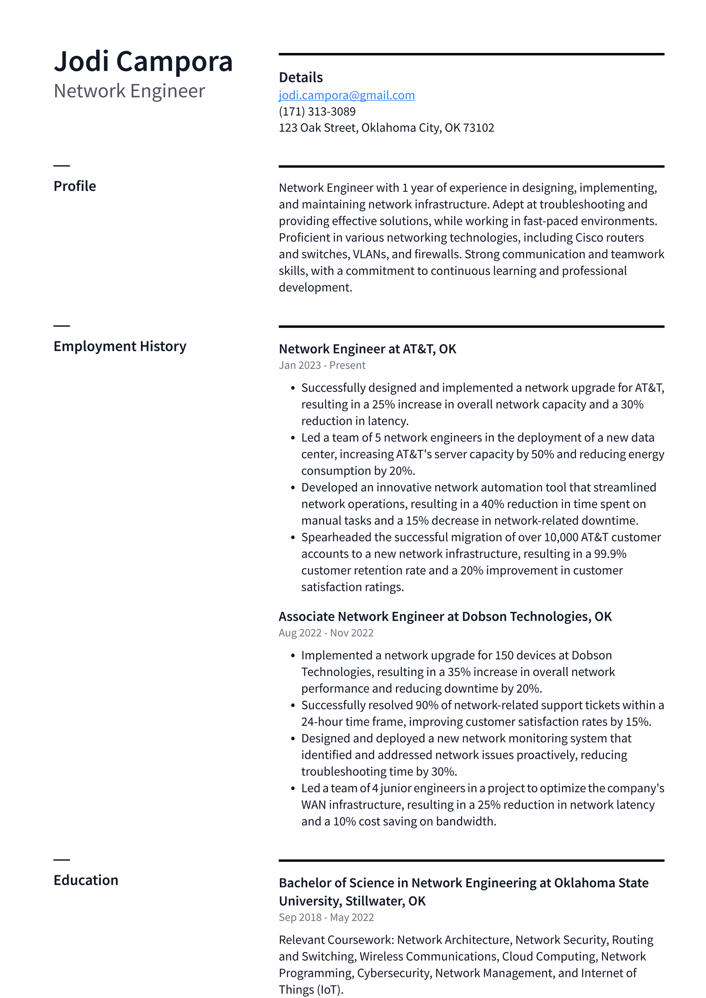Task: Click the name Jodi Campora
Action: [143, 61]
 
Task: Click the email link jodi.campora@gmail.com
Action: [346, 95]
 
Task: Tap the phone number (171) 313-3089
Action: [317, 112]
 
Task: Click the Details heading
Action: [300, 77]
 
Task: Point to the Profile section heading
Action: [75, 186]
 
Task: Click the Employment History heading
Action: [120, 346]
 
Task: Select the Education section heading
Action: [86, 880]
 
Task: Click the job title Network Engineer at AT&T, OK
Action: [367, 349]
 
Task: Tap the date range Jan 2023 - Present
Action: [322, 365]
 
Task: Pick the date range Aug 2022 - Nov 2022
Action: [326, 633]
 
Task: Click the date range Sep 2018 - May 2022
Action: [326, 917]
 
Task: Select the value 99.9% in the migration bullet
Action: [610, 554]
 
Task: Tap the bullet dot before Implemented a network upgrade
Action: [293, 656]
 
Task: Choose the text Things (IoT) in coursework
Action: [310, 990]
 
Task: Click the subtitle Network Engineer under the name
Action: [129, 91]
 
